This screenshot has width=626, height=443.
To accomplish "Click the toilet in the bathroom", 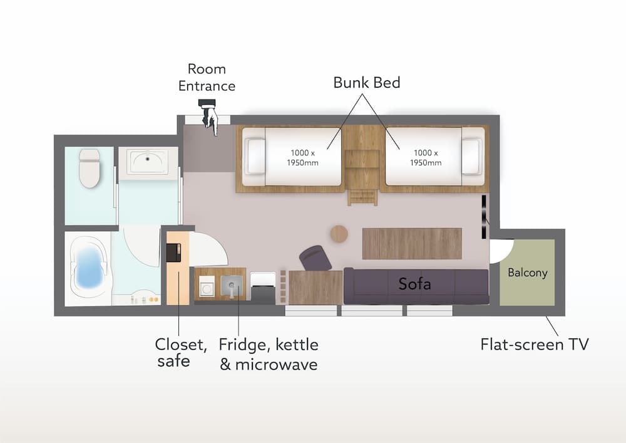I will coord(90,167).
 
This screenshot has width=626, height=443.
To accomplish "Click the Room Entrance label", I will coord(207,78).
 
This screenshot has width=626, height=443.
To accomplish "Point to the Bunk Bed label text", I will coord(366,83).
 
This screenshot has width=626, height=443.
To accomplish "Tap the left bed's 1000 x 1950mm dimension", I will coord(304,157).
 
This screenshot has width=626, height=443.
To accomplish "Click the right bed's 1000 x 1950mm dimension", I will coord(426,157).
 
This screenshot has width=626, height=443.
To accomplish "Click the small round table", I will coord(339,234).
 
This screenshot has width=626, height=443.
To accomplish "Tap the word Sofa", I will coord(415,284).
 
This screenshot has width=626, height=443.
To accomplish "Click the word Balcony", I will coord(527,273).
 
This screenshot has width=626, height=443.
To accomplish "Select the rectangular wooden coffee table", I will coord(411,243).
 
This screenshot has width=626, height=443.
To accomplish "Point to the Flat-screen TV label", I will coord(534,344).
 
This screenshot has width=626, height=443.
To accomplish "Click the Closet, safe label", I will coord(180,352).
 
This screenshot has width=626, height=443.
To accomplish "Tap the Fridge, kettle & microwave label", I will coord(268,354).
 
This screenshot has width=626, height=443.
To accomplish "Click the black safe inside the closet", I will coord(173,253).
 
